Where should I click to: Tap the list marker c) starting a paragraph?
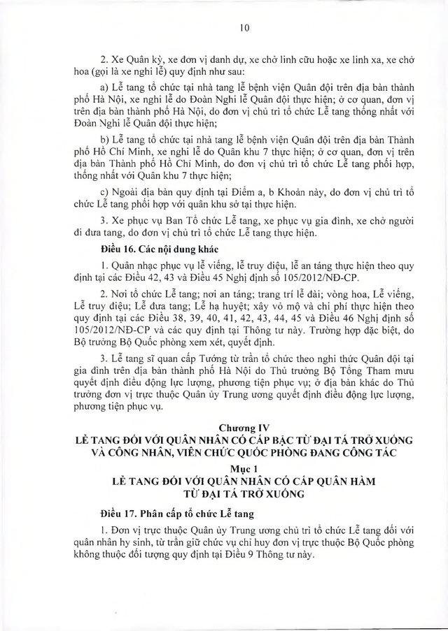tap(106, 191)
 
